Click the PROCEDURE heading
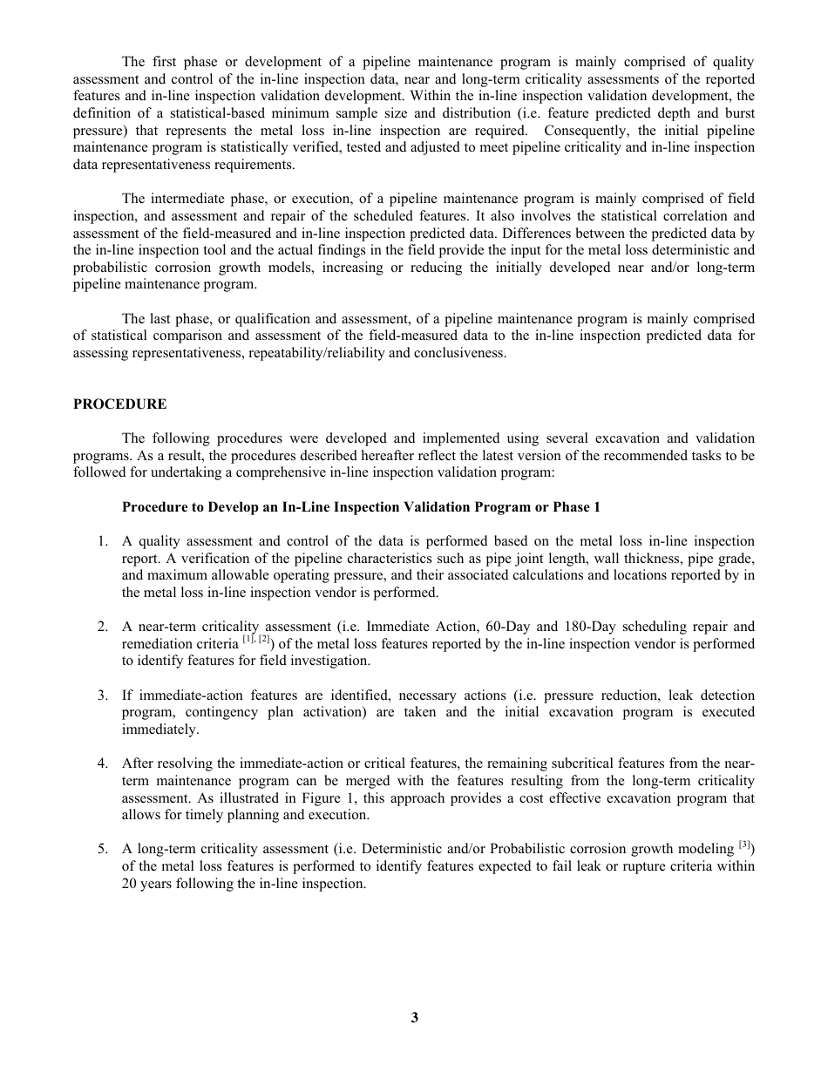(x=119, y=404)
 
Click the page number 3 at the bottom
(x=414, y=1017)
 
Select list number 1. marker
(x=102, y=542)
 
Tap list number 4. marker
(x=102, y=764)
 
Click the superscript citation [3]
(x=744, y=845)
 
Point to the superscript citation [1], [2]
(x=255, y=641)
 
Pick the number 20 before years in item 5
(x=129, y=884)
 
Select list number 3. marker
(x=102, y=695)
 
